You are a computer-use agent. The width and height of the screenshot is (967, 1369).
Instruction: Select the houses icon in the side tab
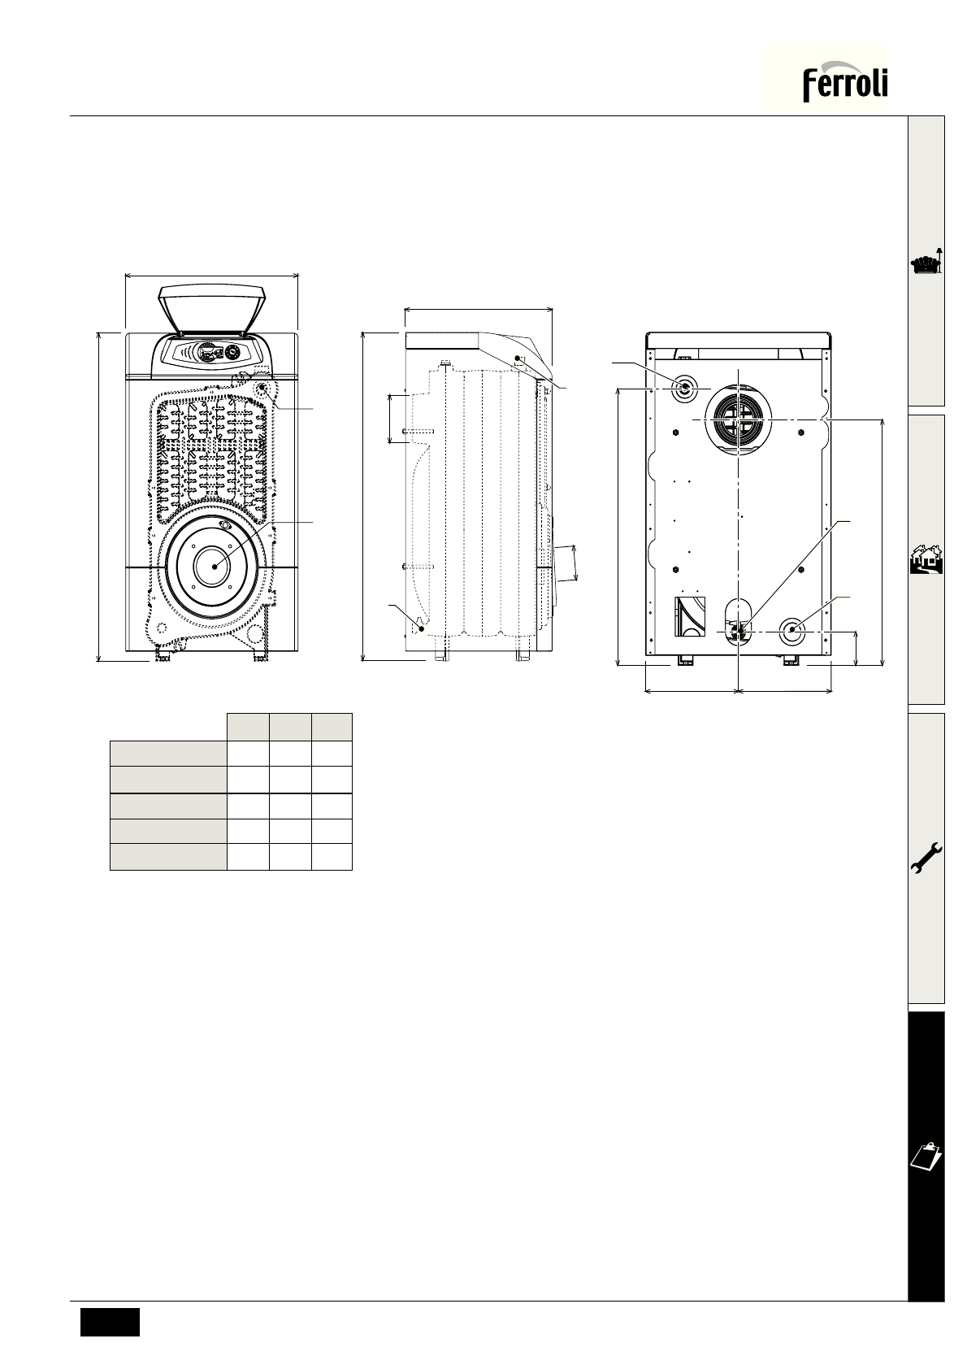pos(926,560)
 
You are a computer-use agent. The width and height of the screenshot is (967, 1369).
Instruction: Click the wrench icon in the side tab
pos(926,858)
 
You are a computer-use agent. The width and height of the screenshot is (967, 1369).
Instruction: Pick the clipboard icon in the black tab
pos(926,1154)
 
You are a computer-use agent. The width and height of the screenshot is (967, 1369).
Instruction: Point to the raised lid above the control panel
pos(212,308)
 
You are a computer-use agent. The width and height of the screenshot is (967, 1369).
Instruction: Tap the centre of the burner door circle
pos(213,567)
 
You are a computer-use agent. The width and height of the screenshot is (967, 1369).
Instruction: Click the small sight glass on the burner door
pos(225,525)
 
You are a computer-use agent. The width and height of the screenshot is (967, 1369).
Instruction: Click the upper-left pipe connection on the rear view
pos(684,389)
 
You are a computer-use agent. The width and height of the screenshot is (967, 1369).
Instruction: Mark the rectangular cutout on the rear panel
pos(688,615)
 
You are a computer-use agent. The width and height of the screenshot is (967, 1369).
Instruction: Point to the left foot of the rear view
pos(685,661)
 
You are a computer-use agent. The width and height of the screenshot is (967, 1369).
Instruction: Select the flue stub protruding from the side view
pos(564,563)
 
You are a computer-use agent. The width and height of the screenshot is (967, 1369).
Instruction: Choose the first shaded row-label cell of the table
pos(168,752)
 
